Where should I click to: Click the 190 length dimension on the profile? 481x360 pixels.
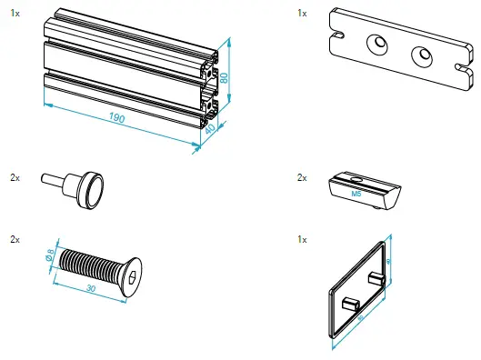[117, 118]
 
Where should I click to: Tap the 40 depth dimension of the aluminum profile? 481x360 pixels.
[211, 133]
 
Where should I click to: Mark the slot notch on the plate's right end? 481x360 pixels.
[462, 68]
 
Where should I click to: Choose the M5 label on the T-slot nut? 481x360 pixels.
[357, 193]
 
